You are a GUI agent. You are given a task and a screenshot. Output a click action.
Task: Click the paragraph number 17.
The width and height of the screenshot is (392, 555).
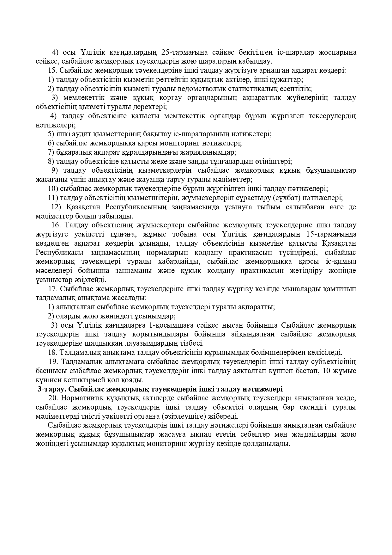[x=52, y=289]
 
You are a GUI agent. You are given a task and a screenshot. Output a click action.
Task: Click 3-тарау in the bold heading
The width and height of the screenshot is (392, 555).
[x=49, y=389]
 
